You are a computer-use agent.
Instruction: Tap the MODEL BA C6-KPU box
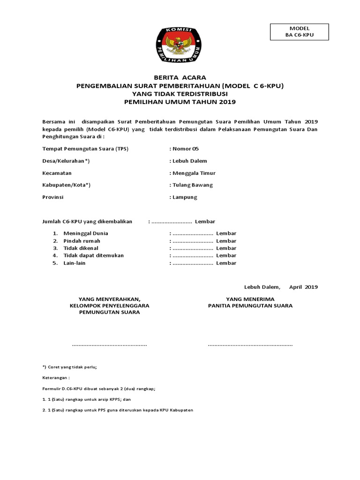click(x=300, y=32)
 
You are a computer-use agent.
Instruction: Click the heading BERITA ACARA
click(x=180, y=78)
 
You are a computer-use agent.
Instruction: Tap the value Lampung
click(x=185, y=197)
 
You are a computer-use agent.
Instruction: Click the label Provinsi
click(x=53, y=197)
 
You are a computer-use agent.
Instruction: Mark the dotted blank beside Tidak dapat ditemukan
click(x=193, y=256)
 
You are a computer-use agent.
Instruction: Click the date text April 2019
click(x=303, y=287)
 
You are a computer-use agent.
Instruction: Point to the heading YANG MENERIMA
click(x=250, y=299)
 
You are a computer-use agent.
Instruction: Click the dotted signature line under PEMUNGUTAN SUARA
click(x=109, y=345)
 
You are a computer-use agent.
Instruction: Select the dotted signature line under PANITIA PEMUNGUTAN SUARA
click(x=250, y=345)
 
